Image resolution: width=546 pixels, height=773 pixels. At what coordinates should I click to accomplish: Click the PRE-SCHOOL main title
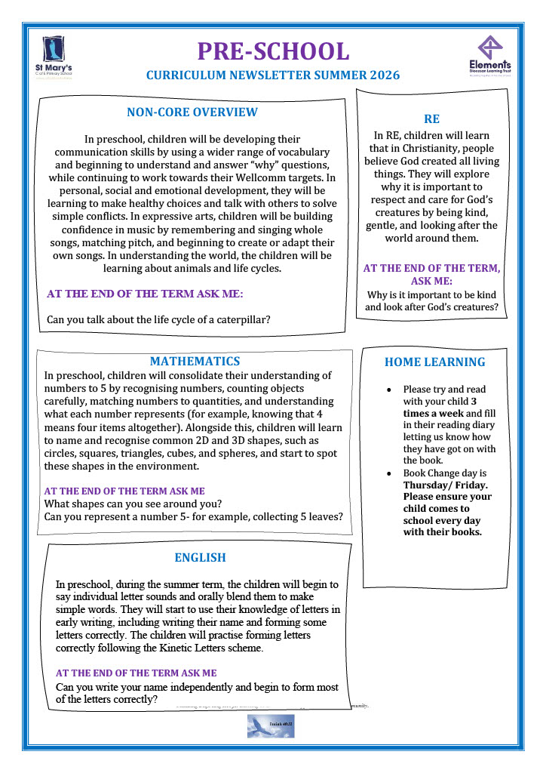(273, 51)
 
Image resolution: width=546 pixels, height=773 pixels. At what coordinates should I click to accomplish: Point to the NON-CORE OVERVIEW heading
(192, 112)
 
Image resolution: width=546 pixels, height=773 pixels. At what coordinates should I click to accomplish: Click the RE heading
(431, 119)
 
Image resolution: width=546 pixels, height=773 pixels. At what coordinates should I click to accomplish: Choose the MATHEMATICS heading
(195, 362)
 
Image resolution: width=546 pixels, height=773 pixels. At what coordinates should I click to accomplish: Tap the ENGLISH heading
(200, 558)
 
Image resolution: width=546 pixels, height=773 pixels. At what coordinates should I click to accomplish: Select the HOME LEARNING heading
(435, 362)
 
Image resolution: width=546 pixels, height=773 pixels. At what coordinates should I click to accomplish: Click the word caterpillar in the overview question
(242, 319)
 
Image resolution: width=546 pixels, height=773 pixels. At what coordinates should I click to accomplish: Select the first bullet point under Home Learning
(388, 390)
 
